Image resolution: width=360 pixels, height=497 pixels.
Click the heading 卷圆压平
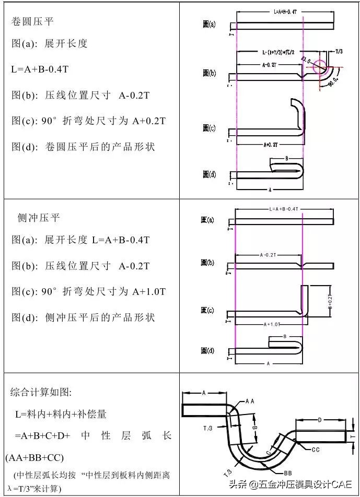(x=32, y=21)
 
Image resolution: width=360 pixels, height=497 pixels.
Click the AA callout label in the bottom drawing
(x=249, y=401)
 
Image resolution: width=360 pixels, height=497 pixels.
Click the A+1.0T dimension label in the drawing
(x=268, y=324)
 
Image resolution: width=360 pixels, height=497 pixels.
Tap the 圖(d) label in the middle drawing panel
(x=207, y=351)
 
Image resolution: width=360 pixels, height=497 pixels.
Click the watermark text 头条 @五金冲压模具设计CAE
(x=300, y=484)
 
